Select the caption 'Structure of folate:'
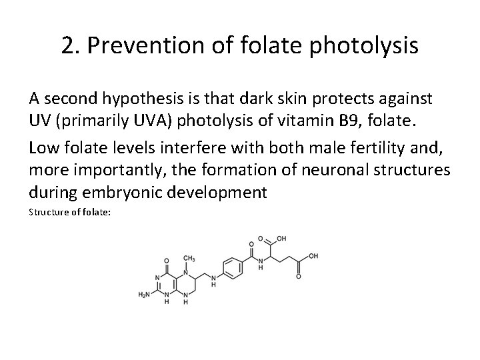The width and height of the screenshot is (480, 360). tap(62, 213)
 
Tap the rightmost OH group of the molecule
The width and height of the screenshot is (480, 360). tap(314, 256)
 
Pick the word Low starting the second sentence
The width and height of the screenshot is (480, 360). tap(43, 151)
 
